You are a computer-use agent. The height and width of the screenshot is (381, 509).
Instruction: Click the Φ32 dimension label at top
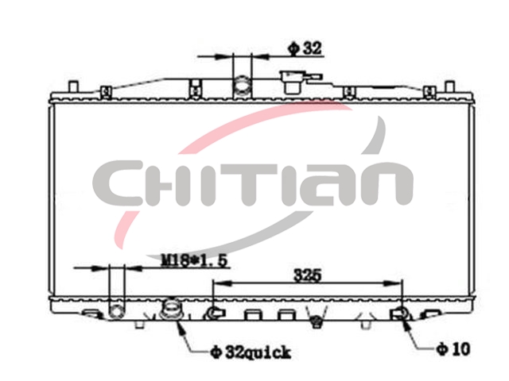pos(305,48)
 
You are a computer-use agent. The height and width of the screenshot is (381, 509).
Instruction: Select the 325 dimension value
pos(307,275)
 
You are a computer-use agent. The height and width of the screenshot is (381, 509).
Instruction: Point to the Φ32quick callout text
pos(250,352)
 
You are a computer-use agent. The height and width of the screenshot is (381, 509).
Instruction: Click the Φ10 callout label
pos(453,349)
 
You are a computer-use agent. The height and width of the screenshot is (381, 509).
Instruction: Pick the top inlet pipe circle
pos(242,84)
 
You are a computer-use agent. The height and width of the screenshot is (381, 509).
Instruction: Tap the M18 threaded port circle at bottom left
pos(116,312)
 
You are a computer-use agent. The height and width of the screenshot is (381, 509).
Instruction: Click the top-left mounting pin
pos(74,87)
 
